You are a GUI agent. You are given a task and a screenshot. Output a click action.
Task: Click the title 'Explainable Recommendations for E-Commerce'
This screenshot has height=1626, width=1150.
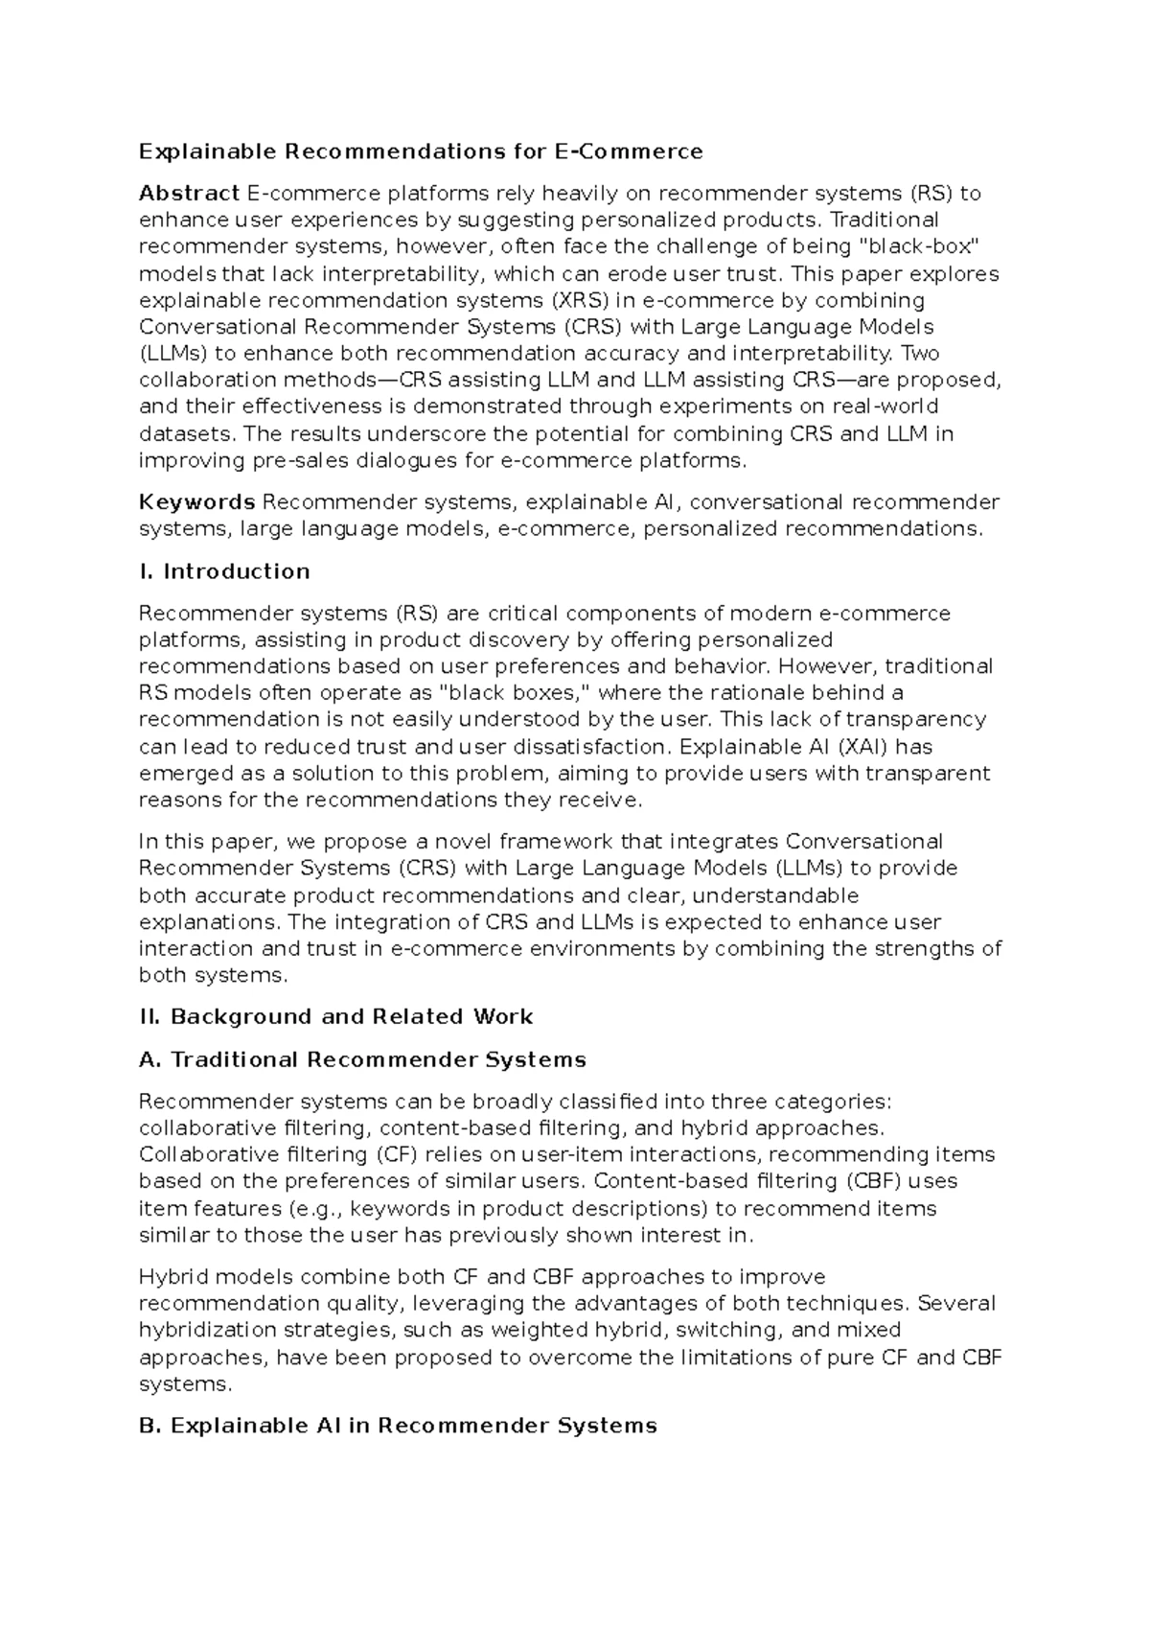(421, 151)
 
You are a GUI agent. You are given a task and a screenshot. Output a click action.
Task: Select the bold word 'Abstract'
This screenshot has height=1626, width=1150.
(189, 194)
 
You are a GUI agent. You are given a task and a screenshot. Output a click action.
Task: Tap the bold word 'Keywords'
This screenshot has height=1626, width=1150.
(196, 502)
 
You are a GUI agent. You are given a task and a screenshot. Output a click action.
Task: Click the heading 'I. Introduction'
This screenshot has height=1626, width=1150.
(224, 571)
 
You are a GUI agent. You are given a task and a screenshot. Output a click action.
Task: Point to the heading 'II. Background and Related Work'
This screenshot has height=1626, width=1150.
(335, 1016)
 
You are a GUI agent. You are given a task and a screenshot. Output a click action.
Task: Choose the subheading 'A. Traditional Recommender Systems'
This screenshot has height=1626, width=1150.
(362, 1059)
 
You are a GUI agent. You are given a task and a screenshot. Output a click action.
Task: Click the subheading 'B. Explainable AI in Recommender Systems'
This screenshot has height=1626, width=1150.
(398, 1426)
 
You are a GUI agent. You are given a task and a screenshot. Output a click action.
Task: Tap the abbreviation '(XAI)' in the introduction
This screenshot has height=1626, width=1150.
(863, 746)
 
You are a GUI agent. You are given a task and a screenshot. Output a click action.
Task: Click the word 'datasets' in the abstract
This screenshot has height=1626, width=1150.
(185, 433)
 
